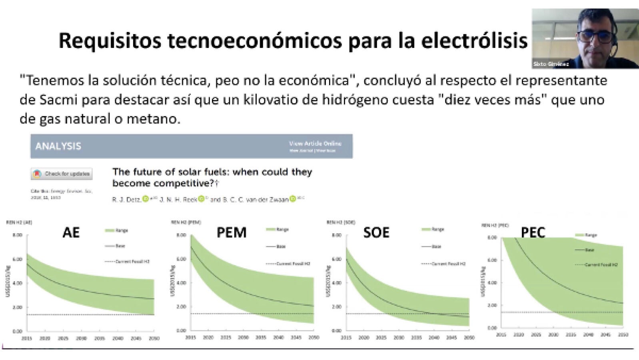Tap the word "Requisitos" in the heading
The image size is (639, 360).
tap(110, 40)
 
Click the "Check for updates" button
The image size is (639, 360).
tap(62, 174)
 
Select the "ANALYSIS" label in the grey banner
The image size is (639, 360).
tap(58, 146)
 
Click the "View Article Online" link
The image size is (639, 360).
tap(315, 143)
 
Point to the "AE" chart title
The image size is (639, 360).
tap(71, 232)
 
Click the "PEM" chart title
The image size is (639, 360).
tap(231, 232)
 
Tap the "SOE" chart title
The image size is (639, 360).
tap(376, 232)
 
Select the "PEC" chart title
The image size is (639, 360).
tap(533, 232)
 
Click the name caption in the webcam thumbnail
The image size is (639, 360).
tap(551, 64)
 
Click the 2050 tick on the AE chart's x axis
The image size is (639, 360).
tap(154, 338)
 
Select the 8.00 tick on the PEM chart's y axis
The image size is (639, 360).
tap(181, 235)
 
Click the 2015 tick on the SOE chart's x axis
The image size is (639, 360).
tap(346, 338)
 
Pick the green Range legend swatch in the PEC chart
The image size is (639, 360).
tap(580, 235)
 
